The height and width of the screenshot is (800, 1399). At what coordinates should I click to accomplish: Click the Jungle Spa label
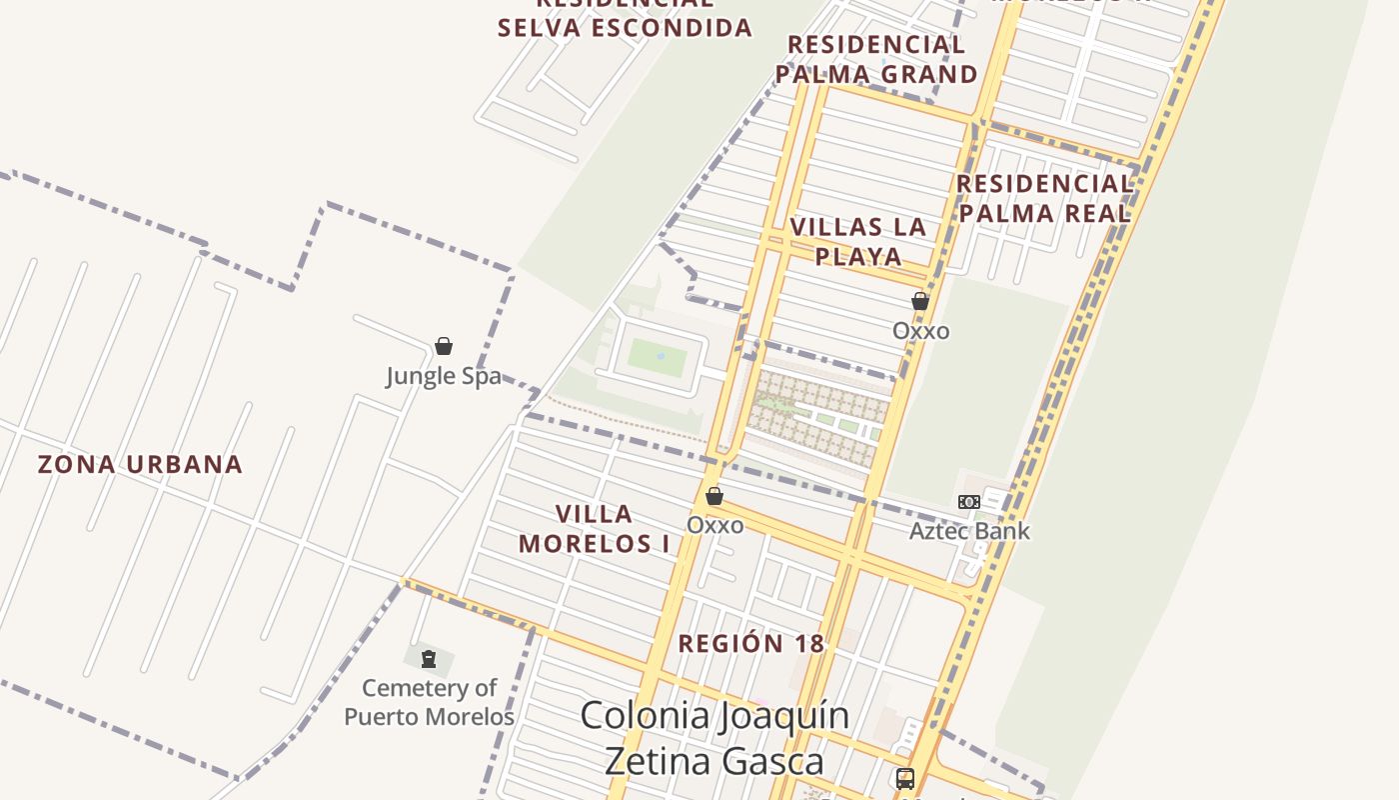pyautogui.click(x=444, y=376)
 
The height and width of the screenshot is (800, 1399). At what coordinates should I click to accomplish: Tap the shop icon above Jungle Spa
pyautogui.click(x=444, y=346)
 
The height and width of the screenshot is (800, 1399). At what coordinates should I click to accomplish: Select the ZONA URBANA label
pyautogui.click(x=140, y=464)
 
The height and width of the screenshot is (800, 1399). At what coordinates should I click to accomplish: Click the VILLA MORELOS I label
pyautogui.click(x=595, y=529)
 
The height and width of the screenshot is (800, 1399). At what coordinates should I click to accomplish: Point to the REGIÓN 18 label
pyautogui.click(x=751, y=644)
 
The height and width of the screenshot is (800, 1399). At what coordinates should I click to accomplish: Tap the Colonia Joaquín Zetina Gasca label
pyautogui.click(x=714, y=738)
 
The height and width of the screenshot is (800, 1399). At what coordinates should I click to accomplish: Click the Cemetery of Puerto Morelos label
pyautogui.click(x=429, y=702)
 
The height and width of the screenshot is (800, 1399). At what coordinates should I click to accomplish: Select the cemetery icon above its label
pyautogui.click(x=429, y=659)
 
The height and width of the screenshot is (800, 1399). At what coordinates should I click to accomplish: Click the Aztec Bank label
pyautogui.click(x=969, y=531)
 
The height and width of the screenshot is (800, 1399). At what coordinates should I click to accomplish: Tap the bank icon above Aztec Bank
pyautogui.click(x=968, y=502)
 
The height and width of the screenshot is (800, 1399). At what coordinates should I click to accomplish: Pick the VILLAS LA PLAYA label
pyautogui.click(x=858, y=241)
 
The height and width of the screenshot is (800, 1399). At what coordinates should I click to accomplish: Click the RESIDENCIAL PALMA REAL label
pyautogui.click(x=1044, y=198)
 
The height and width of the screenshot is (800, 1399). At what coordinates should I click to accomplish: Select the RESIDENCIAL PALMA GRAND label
pyautogui.click(x=876, y=59)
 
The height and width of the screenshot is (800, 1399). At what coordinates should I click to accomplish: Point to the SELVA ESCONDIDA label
pyautogui.click(x=625, y=27)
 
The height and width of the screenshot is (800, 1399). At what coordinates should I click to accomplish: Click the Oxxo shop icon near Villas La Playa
pyautogui.click(x=920, y=301)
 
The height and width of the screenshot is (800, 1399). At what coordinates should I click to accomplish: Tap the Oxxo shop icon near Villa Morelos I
pyautogui.click(x=714, y=496)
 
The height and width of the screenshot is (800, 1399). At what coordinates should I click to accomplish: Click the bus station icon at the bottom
pyautogui.click(x=904, y=778)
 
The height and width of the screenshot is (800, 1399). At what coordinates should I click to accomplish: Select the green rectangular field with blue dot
pyautogui.click(x=658, y=357)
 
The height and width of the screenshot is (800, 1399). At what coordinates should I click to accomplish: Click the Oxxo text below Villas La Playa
pyautogui.click(x=920, y=331)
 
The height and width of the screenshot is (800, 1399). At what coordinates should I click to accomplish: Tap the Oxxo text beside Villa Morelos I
pyautogui.click(x=715, y=525)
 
